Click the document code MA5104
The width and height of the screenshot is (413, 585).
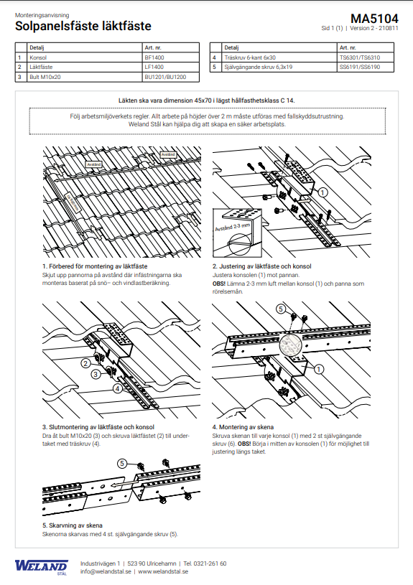[x=374, y=19]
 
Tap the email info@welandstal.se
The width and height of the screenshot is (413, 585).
[x=106, y=571]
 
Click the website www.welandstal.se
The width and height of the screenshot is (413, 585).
[x=163, y=571]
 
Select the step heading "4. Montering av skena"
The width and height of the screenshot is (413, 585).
[x=243, y=427]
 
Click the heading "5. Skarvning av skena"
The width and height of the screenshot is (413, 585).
[x=73, y=525]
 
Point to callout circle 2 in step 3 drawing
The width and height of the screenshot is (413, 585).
[x=86, y=363]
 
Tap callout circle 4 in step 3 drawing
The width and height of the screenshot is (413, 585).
[x=118, y=388]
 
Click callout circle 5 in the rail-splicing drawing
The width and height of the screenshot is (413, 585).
[x=122, y=464]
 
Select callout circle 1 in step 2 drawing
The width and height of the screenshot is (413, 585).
[x=322, y=192]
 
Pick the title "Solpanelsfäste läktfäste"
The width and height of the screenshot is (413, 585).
[x=83, y=26]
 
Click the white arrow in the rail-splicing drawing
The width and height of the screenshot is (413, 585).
[x=121, y=485]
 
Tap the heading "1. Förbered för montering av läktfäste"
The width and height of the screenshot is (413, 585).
[x=95, y=266]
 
